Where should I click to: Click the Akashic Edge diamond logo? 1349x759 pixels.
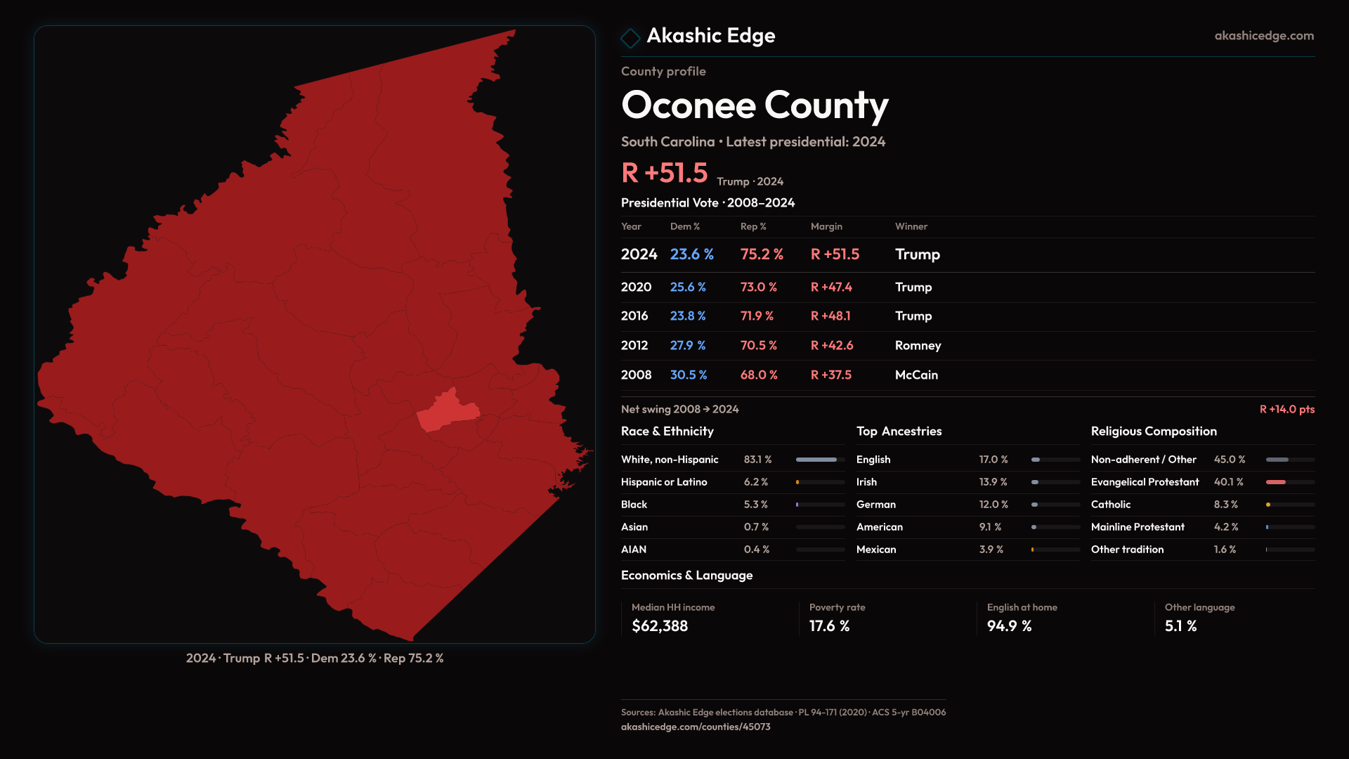click(x=630, y=38)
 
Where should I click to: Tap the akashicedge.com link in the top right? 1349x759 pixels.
click(x=1263, y=36)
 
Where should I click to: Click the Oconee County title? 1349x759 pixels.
click(x=755, y=105)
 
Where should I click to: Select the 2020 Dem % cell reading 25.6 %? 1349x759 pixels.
click(x=688, y=287)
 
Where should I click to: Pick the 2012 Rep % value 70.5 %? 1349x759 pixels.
click(x=758, y=346)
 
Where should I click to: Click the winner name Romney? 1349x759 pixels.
click(x=918, y=346)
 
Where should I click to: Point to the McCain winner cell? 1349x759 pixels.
click(x=916, y=375)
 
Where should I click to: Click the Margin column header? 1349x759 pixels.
click(x=826, y=226)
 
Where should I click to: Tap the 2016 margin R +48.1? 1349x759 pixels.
click(x=830, y=316)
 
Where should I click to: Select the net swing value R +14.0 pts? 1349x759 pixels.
click(x=1286, y=410)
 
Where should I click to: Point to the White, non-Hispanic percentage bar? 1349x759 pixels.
click(x=819, y=460)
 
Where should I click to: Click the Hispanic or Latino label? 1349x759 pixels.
click(x=664, y=482)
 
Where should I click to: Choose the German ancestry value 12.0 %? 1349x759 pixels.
click(x=993, y=505)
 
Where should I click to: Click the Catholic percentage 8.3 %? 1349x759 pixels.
click(x=1225, y=505)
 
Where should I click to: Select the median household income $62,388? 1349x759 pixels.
click(x=660, y=626)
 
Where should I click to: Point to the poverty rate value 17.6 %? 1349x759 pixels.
click(x=829, y=626)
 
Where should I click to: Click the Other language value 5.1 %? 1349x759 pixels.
click(x=1180, y=626)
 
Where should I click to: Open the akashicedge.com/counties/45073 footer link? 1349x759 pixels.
click(x=696, y=727)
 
